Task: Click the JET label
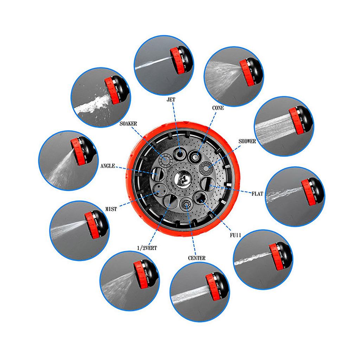tap(171, 99)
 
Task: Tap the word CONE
tap(218, 108)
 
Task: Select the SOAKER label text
tap(128, 124)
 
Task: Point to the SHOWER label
tap(247, 141)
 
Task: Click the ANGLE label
tap(108, 166)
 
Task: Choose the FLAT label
tap(257, 194)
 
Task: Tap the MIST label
tap(111, 209)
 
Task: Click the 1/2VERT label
tap(147, 248)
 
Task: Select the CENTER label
tap(197, 258)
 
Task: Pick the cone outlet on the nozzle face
tap(195, 157)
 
